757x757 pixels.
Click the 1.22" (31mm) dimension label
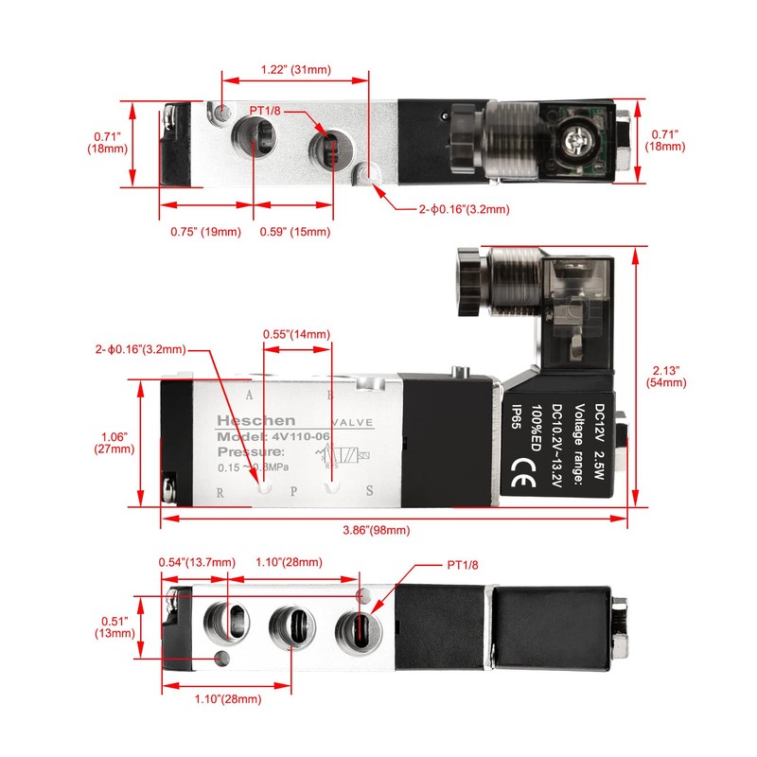[x=296, y=69]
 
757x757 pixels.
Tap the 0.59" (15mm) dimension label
[x=295, y=232]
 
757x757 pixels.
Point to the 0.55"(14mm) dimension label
[x=297, y=334]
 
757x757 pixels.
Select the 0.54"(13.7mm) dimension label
[x=196, y=562]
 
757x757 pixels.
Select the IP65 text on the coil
[x=516, y=417]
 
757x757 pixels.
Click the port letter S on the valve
[x=368, y=492]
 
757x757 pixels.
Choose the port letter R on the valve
[x=220, y=492]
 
